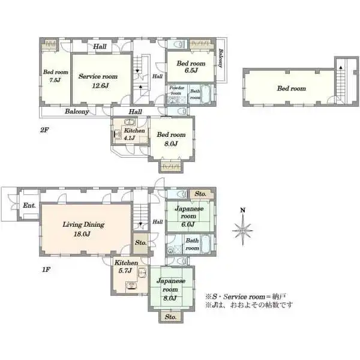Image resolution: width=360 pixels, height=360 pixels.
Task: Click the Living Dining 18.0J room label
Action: (83, 229)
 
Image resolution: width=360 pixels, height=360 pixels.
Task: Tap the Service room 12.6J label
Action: (98, 81)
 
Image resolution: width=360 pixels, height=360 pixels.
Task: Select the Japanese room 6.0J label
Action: (189, 216)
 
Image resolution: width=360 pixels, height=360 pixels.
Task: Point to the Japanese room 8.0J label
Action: (171, 289)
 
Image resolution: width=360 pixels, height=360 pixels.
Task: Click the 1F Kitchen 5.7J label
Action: (126, 267)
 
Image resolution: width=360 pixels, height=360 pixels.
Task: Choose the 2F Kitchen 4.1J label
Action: (134, 134)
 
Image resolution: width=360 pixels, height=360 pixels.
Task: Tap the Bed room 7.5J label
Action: (56, 76)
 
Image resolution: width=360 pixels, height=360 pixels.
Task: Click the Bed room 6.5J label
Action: (191, 67)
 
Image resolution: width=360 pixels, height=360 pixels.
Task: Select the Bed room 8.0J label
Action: (171, 139)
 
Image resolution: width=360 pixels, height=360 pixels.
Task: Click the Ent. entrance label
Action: (29, 205)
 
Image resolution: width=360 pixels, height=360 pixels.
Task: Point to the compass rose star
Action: (242, 230)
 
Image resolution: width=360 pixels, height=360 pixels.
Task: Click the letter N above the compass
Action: (242, 210)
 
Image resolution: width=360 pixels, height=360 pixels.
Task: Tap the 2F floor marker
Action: (44, 130)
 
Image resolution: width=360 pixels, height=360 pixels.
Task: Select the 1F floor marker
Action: (46, 269)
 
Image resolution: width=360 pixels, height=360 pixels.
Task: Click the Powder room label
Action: (176, 91)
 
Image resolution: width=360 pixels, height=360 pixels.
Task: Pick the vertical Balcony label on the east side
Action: (221, 58)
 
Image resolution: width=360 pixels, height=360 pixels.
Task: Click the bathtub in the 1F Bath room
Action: (206, 244)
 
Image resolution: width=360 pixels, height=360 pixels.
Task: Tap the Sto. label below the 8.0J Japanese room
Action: (171, 317)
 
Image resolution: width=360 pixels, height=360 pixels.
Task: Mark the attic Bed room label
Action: (292, 88)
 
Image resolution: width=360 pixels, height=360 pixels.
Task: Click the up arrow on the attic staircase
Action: (341, 68)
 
